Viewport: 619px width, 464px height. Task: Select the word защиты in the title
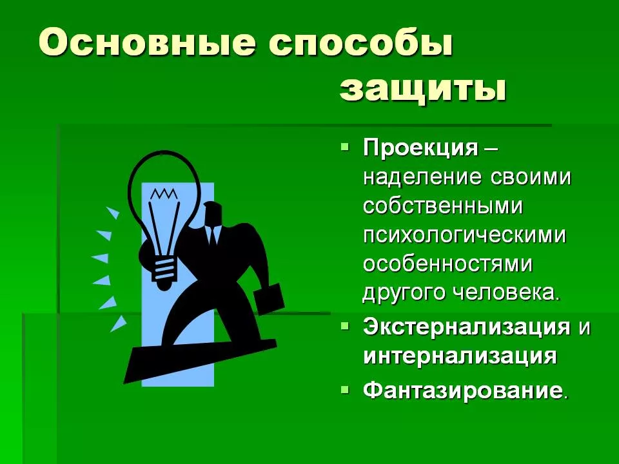pos(422,89)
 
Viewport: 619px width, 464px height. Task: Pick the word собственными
pos(442,206)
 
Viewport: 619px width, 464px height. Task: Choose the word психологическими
pos(464,236)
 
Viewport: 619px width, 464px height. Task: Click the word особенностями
pos(447,264)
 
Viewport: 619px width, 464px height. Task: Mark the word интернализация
pos(460,356)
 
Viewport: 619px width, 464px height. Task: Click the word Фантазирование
pos(462,391)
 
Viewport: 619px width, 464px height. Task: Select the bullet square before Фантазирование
pos(345,389)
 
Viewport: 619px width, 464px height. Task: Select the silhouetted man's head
pos(213,213)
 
